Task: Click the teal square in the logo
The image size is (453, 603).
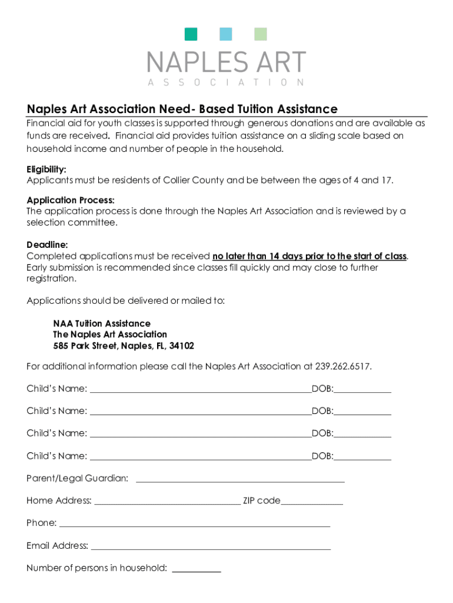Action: pyautogui.click(x=191, y=34)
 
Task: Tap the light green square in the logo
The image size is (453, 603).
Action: pyautogui.click(x=260, y=34)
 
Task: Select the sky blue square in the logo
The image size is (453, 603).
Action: pyautogui.click(x=226, y=34)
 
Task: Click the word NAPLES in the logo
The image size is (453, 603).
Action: pyautogui.click(x=195, y=62)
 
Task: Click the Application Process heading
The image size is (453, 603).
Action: pyautogui.click(x=71, y=200)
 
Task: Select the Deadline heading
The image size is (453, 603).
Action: pyautogui.click(x=47, y=244)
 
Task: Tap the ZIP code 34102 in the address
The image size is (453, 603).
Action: pyautogui.click(x=181, y=346)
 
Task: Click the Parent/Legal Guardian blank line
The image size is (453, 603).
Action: pyautogui.click(x=240, y=481)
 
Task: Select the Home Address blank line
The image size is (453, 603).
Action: pyautogui.click(x=167, y=504)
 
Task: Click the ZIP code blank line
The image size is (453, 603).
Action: pyautogui.click(x=312, y=504)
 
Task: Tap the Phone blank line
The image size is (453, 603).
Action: pyautogui.click(x=195, y=526)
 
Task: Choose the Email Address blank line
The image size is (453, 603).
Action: pyautogui.click(x=211, y=549)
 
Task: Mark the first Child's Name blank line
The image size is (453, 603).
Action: pyautogui.click(x=200, y=391)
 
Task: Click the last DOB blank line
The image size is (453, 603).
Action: pyautogui.click(x=362, y=459)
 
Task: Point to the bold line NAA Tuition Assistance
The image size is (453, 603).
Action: pyautogui.click(x=102, y=323)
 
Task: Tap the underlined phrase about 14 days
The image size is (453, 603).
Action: pyautogui.click(x=309, y=256)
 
